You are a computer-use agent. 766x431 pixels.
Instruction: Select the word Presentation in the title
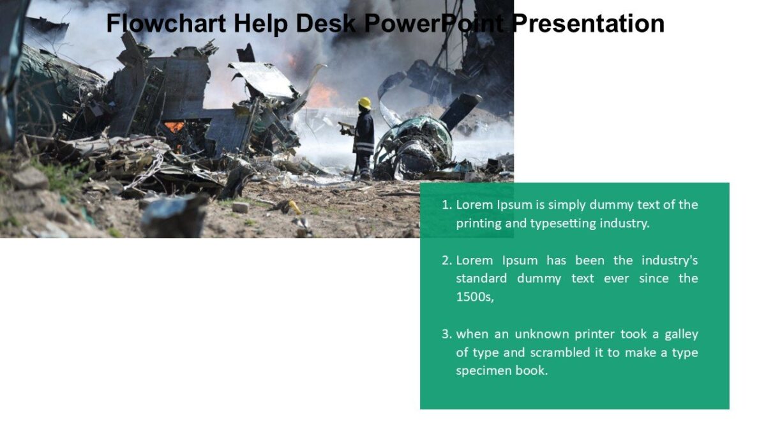588,24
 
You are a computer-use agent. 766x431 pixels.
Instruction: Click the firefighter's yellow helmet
364,103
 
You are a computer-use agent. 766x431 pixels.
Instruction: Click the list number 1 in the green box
446,205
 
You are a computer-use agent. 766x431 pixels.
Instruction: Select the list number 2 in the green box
446,261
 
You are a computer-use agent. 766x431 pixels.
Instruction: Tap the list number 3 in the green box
446,334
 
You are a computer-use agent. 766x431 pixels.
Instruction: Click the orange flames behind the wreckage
322,96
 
